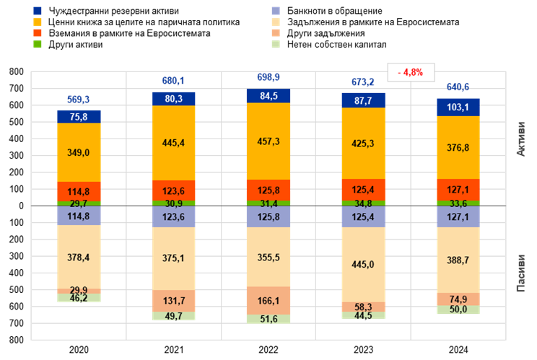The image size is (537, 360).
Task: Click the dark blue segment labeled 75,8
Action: (x=79, y=116)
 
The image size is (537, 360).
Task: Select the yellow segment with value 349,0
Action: (x=79, y=152)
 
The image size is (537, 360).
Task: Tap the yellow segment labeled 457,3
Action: (x=268, y=141)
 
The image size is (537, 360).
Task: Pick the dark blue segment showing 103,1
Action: (x=458, y=107)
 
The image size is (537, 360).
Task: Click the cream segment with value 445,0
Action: (x=363, y=265)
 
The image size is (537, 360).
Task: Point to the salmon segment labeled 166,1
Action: (x=268, y=300)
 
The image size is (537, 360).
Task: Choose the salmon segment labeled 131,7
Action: (x=173, y=301)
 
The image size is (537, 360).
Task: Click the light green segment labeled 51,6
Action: (x=268, y=318)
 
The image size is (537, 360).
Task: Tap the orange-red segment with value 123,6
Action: (x=173, y=190)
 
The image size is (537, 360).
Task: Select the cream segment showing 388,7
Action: (x=458, y=260)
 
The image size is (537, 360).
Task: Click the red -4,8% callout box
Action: (x=411, y=72)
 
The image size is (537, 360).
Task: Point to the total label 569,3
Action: (x=79, y=100)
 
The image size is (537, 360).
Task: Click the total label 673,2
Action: (x=363, y=82)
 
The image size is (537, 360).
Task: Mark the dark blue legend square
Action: (x=38, y=11)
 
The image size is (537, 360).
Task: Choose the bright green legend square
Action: (x=38, y=44)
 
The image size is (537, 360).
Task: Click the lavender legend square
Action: (x=276, y=11)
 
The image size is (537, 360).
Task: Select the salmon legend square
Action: (x=276, y=33)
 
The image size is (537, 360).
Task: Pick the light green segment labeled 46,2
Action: (x=79, y=297)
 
